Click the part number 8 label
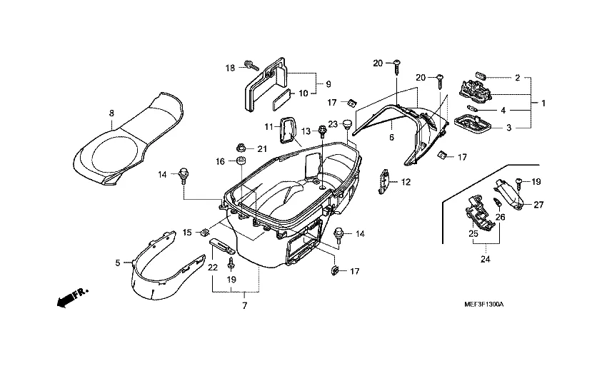tap(111, 113)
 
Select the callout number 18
tap(230, 68)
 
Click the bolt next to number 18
tap(250, 65)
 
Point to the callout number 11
tap(269, 126)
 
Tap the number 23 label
tap(333, 124)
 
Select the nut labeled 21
tap(241, 148)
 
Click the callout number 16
tap(221, 162)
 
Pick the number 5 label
tap(119, 263)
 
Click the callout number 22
tap(212, 268)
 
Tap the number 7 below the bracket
tap(244, 306)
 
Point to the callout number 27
tap(538, 205)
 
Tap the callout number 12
tap(405, 183)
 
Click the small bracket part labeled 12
tap(383, 180)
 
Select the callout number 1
tap(543, 103)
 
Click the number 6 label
tap(391, 136)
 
